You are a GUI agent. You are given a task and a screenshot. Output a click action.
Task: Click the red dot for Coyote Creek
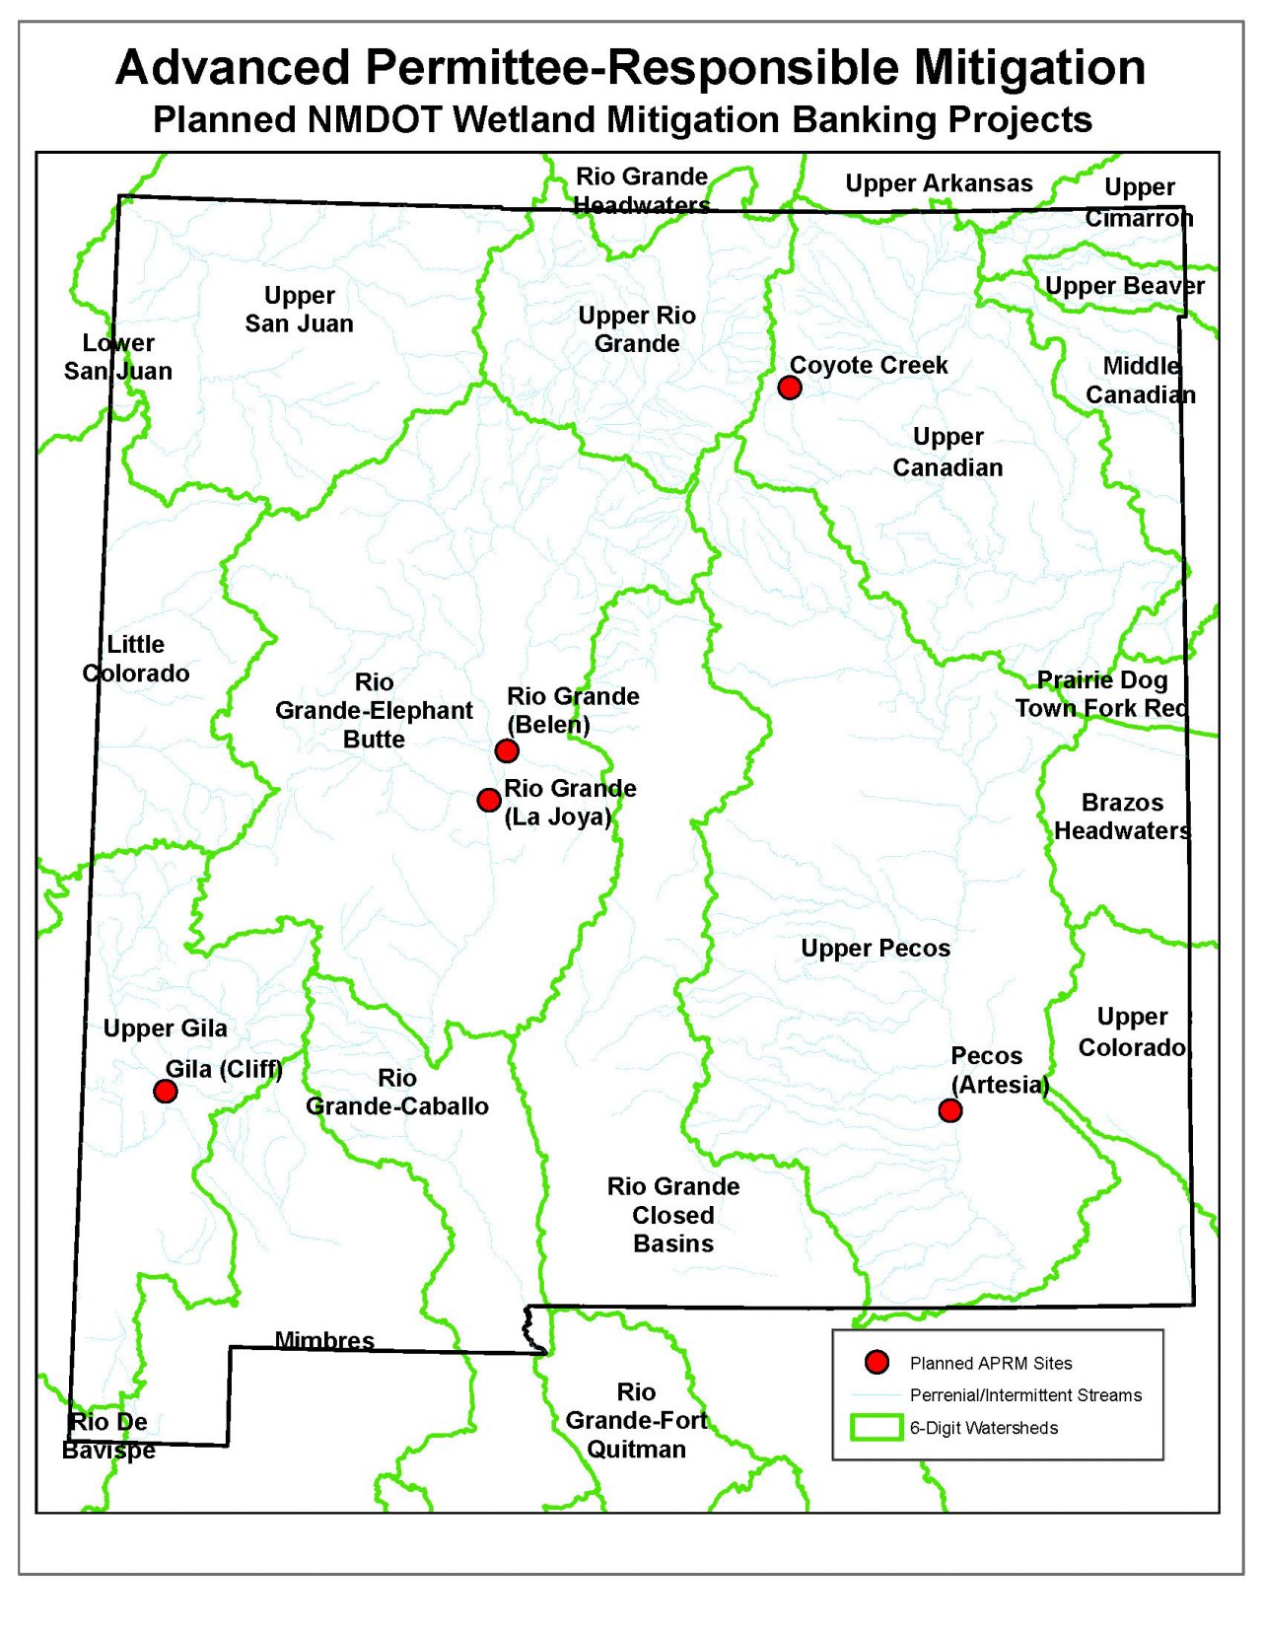point(789,388)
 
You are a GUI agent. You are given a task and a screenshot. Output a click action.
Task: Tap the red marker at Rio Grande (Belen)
point(507,751)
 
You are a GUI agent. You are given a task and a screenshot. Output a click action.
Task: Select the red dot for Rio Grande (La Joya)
point(488,800)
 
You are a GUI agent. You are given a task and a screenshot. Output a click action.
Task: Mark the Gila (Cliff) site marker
point(166,1091)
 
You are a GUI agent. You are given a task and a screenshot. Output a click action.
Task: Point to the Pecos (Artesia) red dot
point(949,1111)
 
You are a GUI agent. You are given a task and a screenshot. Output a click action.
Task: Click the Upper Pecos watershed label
point(876,949)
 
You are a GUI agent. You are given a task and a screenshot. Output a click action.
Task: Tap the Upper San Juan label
point(299,310)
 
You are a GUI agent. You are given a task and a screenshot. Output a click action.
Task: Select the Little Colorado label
point(136,659)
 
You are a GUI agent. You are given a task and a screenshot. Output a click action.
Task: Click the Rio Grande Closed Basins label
point(673,1215)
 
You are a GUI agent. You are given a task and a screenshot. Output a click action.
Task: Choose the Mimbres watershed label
point(324,1340)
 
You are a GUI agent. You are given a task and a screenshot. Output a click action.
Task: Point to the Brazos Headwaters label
point(1122,816)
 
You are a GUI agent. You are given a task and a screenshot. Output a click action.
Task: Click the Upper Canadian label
point(947,452)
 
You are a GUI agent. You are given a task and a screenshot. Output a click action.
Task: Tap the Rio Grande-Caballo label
point(397,1093)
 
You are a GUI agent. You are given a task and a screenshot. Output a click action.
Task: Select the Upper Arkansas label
point(939,183)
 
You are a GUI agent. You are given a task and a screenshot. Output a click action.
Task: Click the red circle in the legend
point(876,1363)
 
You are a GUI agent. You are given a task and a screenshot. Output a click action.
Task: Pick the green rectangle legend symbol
point(876,1427)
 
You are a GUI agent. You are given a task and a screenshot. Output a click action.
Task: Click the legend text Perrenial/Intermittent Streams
point(1025,1395)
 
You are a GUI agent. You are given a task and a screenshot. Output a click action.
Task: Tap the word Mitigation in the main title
point(1029,68)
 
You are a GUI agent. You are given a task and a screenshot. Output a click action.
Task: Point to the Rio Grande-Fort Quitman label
point(637,1420)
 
